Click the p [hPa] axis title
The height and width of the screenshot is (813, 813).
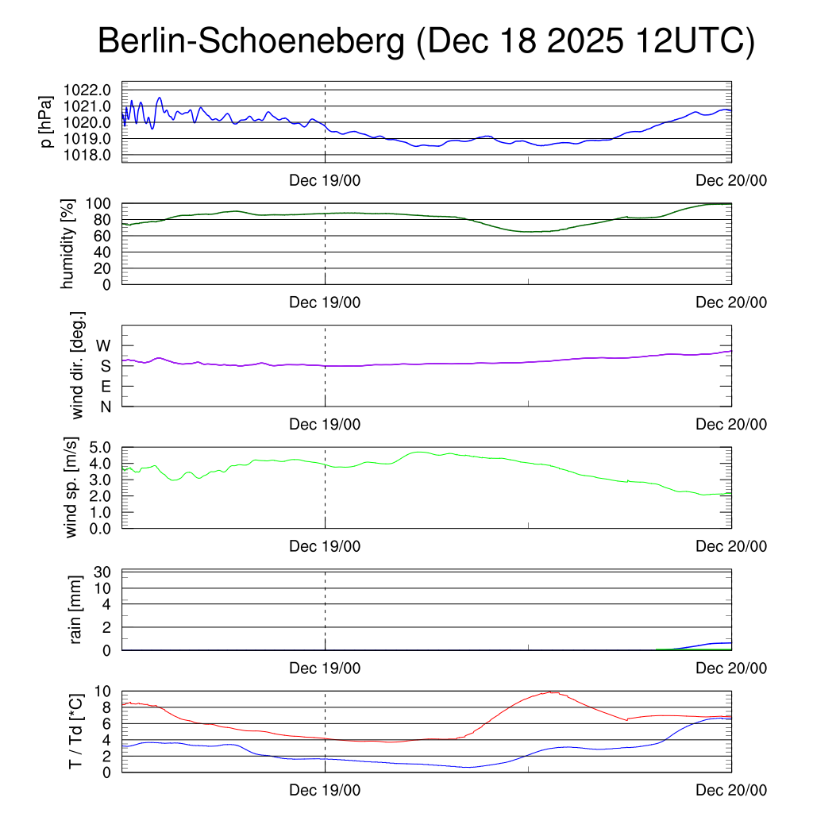pos(48,121)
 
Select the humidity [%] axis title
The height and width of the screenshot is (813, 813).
pos(69,244)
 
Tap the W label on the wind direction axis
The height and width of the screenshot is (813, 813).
pos(103,345)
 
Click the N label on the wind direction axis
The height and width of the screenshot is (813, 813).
pos(105,406)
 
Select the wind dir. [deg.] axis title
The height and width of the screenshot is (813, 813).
pos(78,365)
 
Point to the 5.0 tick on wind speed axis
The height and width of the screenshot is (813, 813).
pos(100,447)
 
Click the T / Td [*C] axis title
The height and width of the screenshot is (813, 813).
pos(76,730)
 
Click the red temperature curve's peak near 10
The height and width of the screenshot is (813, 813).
pos(550,692)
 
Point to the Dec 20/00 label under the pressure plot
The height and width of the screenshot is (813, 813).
pos(731,181)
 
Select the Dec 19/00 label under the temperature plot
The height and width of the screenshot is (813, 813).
pos(325,790)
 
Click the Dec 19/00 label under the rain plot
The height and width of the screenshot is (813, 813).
pos(325,669)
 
